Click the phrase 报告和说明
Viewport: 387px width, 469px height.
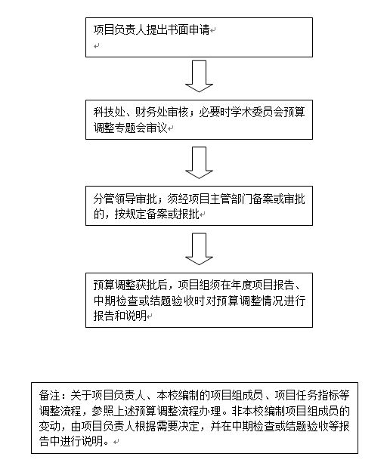[x=119, y=316]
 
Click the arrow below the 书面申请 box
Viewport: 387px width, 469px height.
[x=199, y=76]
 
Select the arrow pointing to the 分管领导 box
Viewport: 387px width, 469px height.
[x=199, y=162]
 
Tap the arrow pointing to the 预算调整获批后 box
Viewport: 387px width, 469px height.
[x=199, y=249]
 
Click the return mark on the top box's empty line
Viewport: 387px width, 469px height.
[x=96, y=46]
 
